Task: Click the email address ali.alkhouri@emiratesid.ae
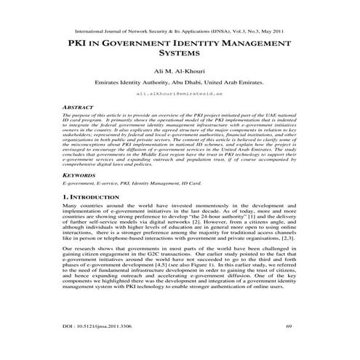pyautogui.click(x=180, y=94)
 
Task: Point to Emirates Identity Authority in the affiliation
pyautogui.click(x=127, y=84)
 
